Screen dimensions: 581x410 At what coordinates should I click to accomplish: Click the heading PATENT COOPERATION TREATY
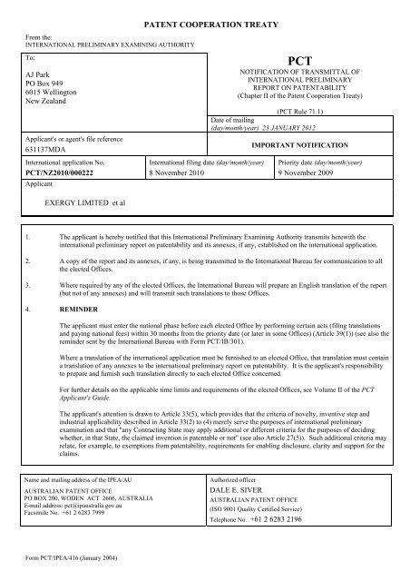pyautogui.click(x=205, y=18)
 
